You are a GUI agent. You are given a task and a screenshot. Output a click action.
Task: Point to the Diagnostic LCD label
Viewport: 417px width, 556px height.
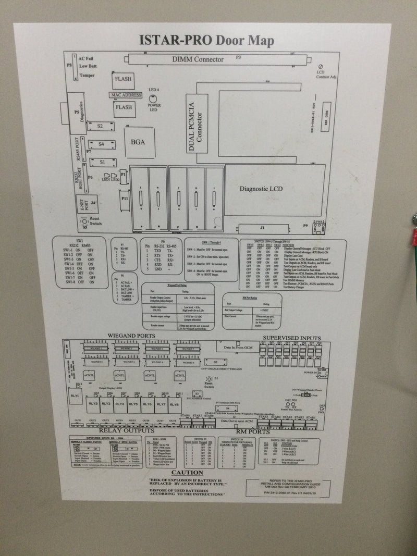[261, 189]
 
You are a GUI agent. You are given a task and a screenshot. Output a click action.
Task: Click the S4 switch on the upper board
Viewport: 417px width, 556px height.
[101, 144]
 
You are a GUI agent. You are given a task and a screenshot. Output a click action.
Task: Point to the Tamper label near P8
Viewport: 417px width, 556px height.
[87, 76]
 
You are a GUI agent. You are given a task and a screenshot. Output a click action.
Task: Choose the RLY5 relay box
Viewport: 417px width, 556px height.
[133, 404]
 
